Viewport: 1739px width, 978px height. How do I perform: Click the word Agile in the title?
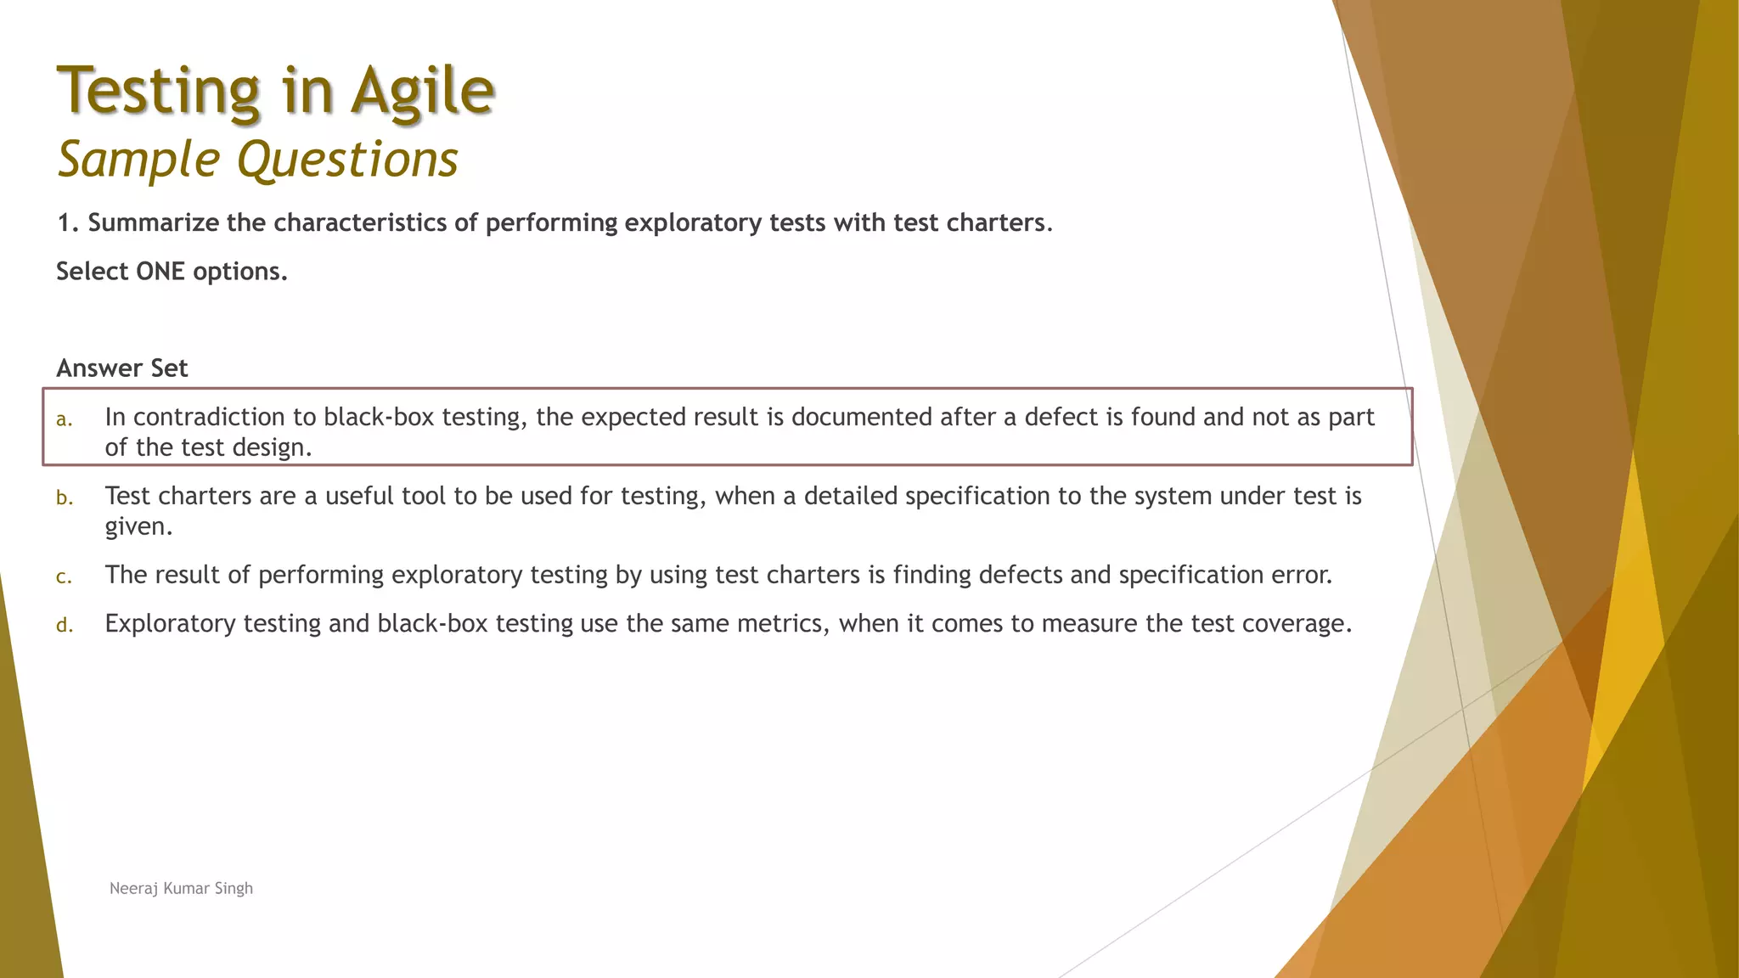422,92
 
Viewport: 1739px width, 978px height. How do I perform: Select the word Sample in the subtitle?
139,160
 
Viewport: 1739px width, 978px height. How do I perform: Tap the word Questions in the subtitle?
347,160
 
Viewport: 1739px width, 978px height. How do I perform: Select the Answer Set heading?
122,368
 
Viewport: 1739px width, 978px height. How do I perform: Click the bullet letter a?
64,419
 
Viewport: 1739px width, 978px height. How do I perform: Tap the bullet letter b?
65,498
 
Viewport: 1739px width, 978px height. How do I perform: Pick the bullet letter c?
64,577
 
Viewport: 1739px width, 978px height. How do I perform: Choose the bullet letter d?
65,626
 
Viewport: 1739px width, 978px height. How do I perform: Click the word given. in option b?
138,527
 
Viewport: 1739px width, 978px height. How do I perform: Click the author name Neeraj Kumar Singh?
181,888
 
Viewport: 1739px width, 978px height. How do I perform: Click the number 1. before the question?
68,222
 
